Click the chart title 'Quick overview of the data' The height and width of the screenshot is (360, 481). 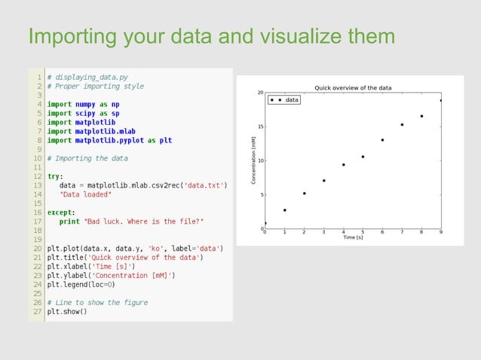pyautogui.click(x=353, y=87)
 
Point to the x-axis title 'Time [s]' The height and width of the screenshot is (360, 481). pyautogui.click(x=353, y=237)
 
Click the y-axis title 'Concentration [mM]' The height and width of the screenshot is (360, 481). pyautogui.click(x=254, y=160)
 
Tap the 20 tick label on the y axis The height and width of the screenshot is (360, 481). pyautogui.click(x=260, y=93)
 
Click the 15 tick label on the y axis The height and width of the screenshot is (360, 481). pyautogui.click(x=260, y=127)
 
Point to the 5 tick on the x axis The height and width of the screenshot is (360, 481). pyautogui.click(x=363, y=231)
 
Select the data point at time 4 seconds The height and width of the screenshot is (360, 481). pyautogui.click(x=343, y=164)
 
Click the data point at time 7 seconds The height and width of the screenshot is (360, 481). pyautogui.click(x=402, y=124)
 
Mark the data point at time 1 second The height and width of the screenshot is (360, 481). pyautogui.click(x=284, y=210)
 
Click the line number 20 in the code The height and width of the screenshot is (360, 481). pyautogui.click(x=37, y=248)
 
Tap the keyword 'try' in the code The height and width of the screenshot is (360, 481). pyautogui.click(x=55, y=175)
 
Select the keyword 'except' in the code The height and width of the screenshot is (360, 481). pyautogui.click(x=60, y=212)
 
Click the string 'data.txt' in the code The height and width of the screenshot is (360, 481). pyautogui.click(x=206, y=185)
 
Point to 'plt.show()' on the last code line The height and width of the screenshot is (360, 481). pyautogui.click(x=67, y=311)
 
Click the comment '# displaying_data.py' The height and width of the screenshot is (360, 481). pyautogui.click(x=87, y=77)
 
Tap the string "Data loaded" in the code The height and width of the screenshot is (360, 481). pyautogui.click(x=85, y=194)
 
